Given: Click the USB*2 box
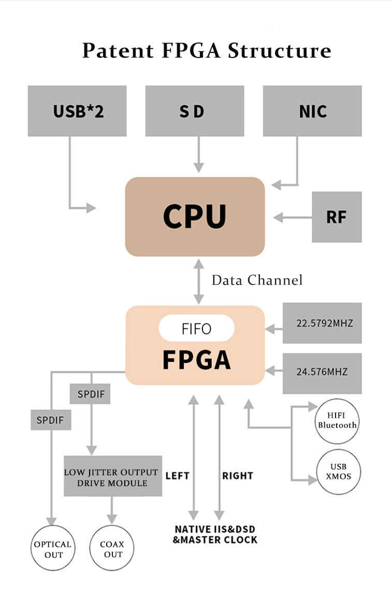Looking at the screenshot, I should (x=77, y=111).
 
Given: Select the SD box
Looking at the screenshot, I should (x=194, y=111).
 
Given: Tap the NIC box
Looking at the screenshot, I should (x=312, y=111).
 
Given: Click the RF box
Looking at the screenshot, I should (x=337, y=217).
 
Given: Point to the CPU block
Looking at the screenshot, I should (x=195, y=216).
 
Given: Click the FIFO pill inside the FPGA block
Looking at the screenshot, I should (x=197, y=329).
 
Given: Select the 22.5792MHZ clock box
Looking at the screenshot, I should (x=322, y=323).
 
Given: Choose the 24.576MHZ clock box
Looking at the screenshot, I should (x=322, y=372).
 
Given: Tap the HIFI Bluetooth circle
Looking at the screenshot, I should (x=337, y=421).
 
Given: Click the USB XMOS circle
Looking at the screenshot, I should (x=338, y=472).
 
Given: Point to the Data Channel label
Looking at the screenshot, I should (x=257, y=280).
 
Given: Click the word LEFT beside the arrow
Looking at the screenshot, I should (x=177, y=476).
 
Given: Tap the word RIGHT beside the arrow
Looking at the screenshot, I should (x=238, y=476).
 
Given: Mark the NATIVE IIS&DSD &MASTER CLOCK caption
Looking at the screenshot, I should (x=215, y=534).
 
